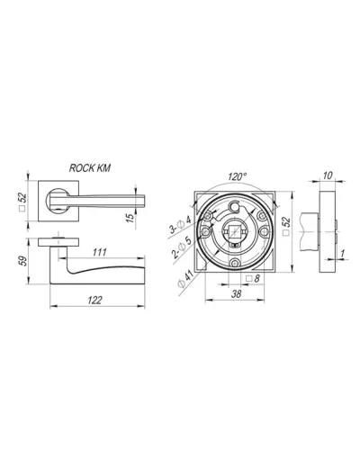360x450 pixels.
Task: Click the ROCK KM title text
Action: coord(90,168)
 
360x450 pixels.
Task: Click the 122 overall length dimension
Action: coord(95,300)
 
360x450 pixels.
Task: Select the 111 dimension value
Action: coord(99,252)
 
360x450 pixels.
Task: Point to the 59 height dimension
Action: coord(23,261)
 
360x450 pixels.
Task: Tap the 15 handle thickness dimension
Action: coord(130,218)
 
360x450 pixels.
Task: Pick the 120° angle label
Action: coord(237,176)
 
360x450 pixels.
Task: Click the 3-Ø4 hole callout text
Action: coord(180,225)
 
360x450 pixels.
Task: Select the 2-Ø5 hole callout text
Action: coord(182,247)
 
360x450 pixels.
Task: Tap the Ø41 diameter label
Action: coord(184,279)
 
